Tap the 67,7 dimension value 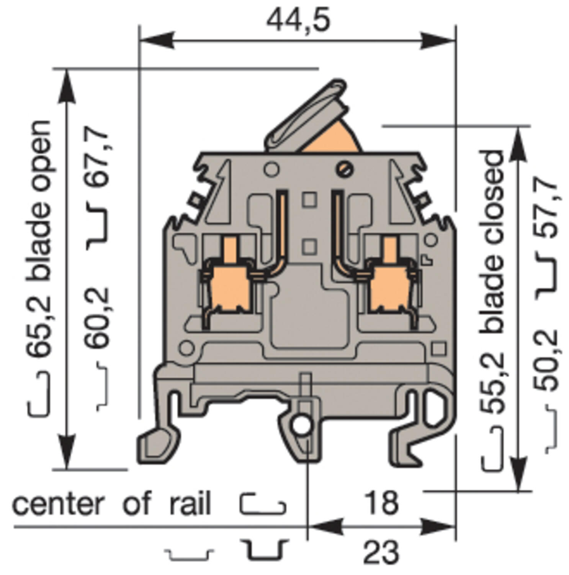pyautogui.click(x=97, y=158)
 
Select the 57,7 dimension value pyautogui.click(x=546, y=209)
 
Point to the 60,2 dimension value pyautogui.click(x=97, y=318)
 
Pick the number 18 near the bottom pyautogui.click(x=381, y=503)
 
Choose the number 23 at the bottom pyautogui.click(x=381, y=552)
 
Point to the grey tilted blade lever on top pyautogui.click(x=306, y=115)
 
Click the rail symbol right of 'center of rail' pyautogui.click(x=263, y=504)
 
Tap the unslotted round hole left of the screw pyautogui.click(x=271, y=169)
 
